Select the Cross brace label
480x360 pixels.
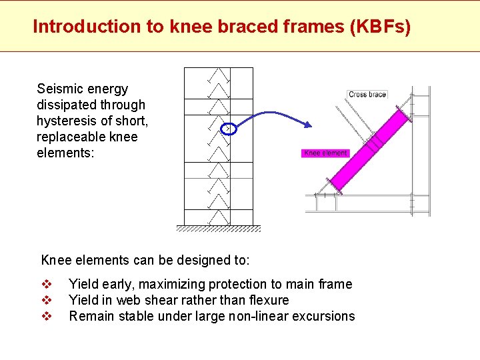pos(367,95)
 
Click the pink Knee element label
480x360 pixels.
pos(325,153)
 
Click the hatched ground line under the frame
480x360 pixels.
pos(219,229)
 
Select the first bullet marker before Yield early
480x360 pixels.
pos(47,285)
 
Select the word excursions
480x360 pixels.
pos(324,317)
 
